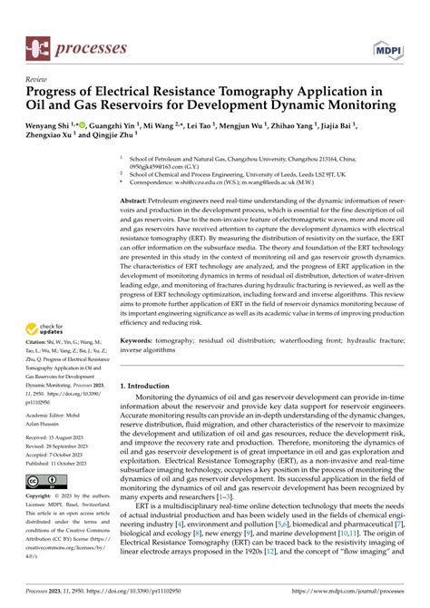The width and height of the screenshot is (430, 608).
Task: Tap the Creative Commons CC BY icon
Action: pos(48,480)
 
